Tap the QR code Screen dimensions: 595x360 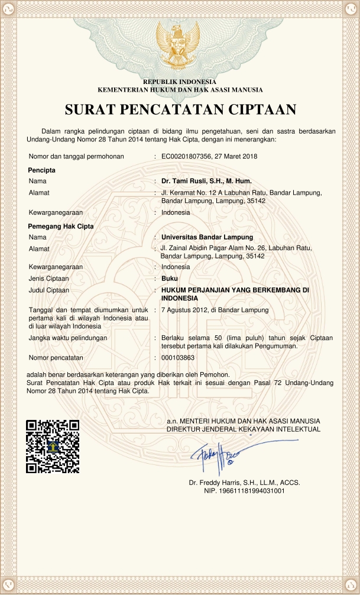(53, 445)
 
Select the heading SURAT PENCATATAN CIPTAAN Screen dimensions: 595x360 (180, 110)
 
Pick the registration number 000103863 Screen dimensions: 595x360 (178, 358)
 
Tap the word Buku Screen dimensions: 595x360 (170, 278)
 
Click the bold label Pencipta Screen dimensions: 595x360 (42, 170)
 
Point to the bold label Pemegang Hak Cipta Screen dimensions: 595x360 (61, 226)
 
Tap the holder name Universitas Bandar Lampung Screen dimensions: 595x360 (207, 237)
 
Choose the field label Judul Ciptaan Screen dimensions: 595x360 (49, 290)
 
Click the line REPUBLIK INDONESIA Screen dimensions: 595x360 (180, 82)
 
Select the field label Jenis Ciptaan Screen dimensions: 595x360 (49, 278)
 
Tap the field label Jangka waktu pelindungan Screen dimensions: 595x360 (67, 338)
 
